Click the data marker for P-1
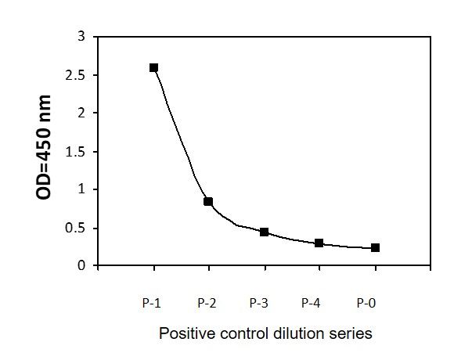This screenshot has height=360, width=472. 153,68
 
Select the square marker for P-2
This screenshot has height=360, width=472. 208,201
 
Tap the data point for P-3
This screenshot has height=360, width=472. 264,232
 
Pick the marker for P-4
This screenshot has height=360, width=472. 319,243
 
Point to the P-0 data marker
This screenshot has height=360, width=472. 375,248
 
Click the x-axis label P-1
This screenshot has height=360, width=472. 152,303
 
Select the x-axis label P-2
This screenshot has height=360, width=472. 207,303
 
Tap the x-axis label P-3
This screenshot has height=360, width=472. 259,303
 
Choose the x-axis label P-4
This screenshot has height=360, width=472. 311,303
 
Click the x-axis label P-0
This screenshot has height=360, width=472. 366,303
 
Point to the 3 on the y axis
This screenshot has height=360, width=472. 81,37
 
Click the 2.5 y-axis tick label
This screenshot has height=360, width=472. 75,75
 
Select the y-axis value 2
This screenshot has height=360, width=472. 81,113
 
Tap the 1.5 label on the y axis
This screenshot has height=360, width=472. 75,151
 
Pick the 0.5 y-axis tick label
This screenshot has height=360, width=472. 75,229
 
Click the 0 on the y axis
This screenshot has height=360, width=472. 81,265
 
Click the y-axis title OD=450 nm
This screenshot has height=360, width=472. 43,147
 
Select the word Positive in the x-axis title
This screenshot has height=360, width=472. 187,333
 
